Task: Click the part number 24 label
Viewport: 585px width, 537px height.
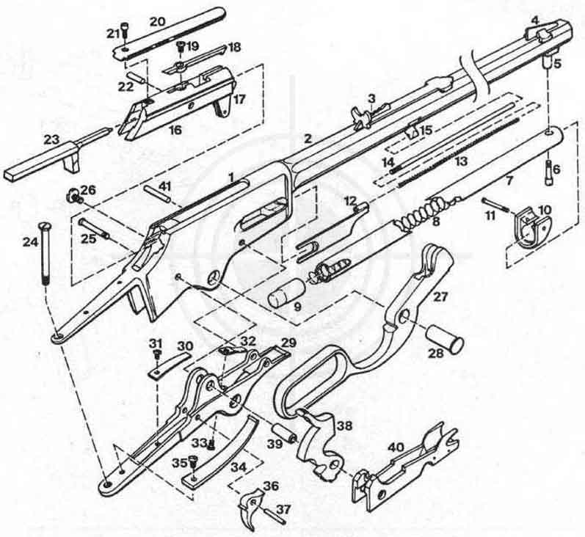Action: (31, 243)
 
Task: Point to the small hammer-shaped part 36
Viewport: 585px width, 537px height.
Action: (250, 508)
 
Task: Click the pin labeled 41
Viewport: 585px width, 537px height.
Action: (159, 192)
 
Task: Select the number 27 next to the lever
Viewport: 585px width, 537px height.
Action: (440, 297)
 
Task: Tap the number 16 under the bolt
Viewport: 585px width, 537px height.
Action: (175, 130)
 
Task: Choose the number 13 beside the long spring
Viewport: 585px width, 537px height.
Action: (462, 161)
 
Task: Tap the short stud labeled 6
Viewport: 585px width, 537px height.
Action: (551, 171)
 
